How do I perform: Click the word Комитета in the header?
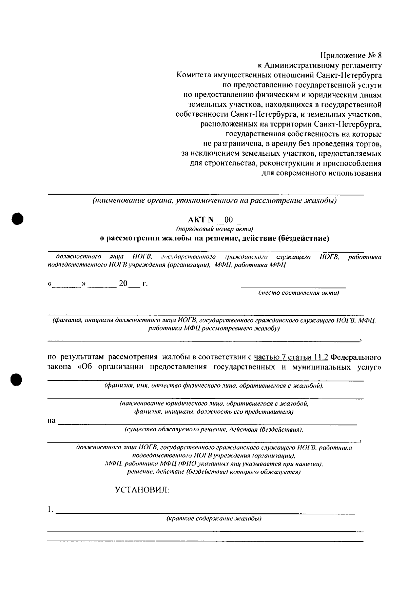coord(193,75)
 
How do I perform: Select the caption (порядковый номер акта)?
coord(214,229)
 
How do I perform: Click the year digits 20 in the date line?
coord(123,283)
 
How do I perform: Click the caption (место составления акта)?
coord(298,293)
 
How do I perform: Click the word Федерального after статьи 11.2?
coord(355,357)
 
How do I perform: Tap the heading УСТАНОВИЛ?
coord(142,490)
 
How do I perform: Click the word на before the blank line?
coord(51,421)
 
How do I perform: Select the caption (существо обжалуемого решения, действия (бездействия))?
coord(214,430)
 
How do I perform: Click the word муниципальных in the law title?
coord(321,367)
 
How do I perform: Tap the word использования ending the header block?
coord(354,173)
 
